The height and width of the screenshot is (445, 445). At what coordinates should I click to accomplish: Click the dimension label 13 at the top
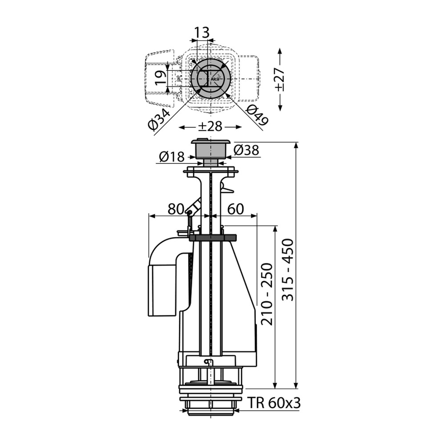202,32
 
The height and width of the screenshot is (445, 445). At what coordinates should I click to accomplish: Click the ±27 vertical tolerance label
280,79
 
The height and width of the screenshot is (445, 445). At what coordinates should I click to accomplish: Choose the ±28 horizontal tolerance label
210,126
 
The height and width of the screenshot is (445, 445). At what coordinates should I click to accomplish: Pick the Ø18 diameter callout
172,157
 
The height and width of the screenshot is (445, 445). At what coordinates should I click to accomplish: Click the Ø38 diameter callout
247,150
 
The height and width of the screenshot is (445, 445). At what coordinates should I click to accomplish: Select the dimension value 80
176,209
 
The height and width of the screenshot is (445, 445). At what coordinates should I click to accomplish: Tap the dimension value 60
236,209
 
